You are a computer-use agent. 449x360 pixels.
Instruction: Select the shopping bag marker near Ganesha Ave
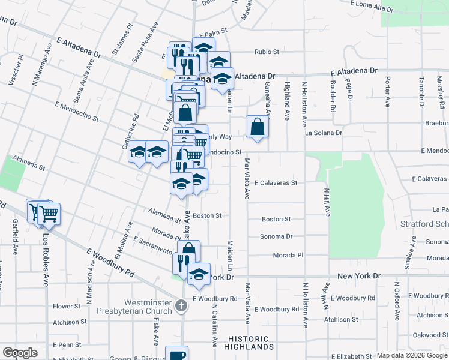coord(257,128)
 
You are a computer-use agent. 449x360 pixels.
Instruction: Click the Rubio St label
coord(267,52)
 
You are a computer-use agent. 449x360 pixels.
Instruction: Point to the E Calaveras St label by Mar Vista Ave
coord(276,182)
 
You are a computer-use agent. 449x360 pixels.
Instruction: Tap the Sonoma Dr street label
coord(276,236)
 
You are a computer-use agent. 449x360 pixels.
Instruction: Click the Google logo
coord(20,352)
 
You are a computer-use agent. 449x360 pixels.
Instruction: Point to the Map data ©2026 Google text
coord(411,355)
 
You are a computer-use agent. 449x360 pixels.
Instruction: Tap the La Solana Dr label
coord(323,133)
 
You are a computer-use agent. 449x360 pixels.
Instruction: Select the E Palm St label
coord(214,33)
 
